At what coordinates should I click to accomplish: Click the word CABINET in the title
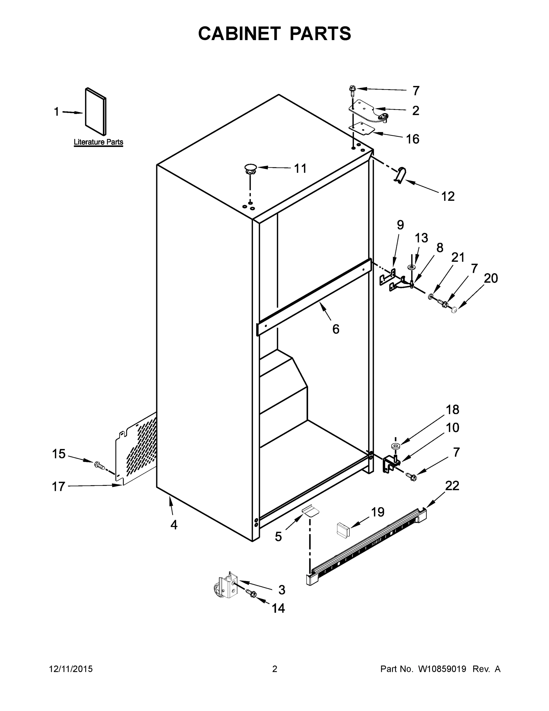[239, 33]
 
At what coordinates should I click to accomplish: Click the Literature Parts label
[98, 142]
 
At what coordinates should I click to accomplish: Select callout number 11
[300, 169]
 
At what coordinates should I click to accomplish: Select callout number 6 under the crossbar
[336, 329]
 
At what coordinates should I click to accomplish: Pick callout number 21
[458, 257]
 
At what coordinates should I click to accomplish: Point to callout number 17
[59, 487]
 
